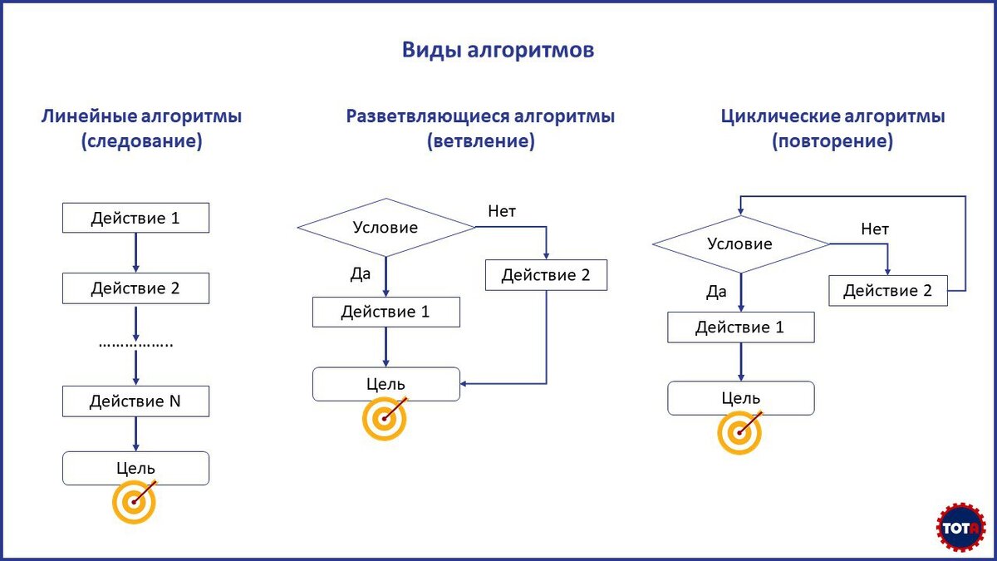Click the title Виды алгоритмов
[498, 50]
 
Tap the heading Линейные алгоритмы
[141, 116]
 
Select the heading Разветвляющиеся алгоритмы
[480, 116]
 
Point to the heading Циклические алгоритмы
[832, 116]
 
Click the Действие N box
[135, 401]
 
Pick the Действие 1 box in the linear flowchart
[135, 219]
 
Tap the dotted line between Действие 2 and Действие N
[135, 343]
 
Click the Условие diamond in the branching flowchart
[386, 227]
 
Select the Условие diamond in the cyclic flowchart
[740, 244]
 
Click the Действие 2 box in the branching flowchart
[546, 275]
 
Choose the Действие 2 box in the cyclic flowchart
[887, 290]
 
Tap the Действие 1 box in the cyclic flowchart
[740, 327]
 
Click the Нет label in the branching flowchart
[502, 211]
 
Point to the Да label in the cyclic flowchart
[716, 292]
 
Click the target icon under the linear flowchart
[134, 502]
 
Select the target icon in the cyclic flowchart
[739, 432]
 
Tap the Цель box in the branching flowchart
[386, 383]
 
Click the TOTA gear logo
[960, 527]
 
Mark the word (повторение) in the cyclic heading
[832, 142]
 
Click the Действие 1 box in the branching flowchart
[386, 312]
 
